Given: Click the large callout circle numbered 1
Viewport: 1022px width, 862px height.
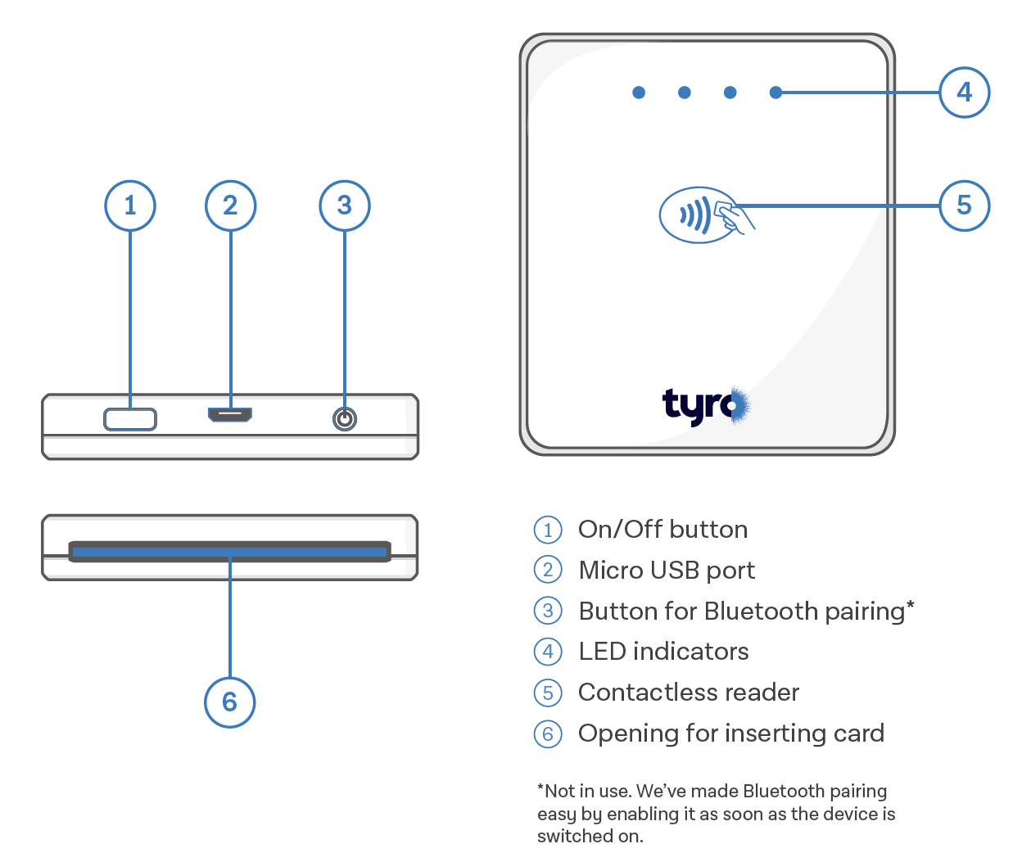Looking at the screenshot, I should tap(130, 205).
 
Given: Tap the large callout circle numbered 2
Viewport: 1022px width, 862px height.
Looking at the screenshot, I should tap(230, 205).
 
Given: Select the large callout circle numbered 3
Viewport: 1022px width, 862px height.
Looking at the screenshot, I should tap(345, 205).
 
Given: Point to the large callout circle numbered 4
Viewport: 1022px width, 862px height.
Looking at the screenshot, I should tap(964, 93).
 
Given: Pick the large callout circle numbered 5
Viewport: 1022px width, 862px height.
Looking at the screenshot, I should tap(964, 205).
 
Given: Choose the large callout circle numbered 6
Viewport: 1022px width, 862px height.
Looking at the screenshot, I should tap(229, 702).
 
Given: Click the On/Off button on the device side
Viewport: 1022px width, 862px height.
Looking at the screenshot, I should tap(130, 419).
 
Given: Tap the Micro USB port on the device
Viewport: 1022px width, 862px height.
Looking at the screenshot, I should tap(230, 415).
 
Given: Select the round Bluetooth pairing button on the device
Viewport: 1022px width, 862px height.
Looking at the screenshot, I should tap(345, 419).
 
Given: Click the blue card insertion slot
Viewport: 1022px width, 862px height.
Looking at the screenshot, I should tap(229, 553).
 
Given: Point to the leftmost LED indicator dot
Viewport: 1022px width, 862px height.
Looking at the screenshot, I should tap(639, 93).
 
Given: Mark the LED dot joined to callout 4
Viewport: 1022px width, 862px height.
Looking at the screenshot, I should tap(775, 93).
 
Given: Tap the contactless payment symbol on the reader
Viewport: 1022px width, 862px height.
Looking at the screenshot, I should tap(701, 215).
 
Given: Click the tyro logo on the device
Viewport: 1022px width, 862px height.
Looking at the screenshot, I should tap(705, 405).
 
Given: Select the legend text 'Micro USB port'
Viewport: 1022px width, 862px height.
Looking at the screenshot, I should tap(667, 571).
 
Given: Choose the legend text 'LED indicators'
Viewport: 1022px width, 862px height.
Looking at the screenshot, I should tap(663, 652).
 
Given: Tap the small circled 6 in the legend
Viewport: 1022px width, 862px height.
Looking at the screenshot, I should tap(548, 733).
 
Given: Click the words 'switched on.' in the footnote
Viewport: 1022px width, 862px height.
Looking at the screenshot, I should tap(590, 837).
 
